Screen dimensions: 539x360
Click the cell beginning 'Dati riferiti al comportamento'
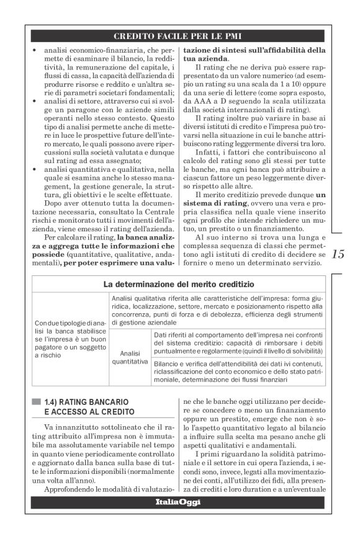click(238, 342)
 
